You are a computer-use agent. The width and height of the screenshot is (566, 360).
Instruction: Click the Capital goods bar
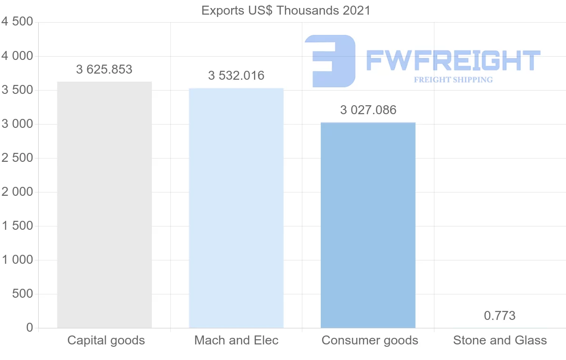[104, 205]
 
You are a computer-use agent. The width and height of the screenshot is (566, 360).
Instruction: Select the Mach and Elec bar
[236, 208]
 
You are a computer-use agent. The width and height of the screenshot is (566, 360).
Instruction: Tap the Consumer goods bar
[368, 225]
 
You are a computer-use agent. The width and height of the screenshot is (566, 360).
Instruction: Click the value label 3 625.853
[104, 69]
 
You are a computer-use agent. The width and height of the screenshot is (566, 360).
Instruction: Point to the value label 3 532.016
[236, 75]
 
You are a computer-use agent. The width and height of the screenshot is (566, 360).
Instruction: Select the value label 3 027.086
[368, 110]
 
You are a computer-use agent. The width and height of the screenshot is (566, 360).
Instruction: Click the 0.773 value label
[499, 316]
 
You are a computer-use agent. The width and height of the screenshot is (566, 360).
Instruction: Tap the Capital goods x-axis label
[106, 340]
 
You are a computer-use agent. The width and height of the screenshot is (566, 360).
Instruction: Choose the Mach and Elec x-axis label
[236, 340]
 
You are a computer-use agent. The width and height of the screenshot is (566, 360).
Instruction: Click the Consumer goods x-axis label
[370, 340]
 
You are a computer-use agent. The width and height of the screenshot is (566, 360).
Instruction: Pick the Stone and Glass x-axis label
[500, 340]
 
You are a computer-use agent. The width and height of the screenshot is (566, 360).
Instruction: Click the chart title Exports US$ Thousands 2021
[286, 10]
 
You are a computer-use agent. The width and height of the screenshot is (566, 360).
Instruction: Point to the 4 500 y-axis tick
[17, 22]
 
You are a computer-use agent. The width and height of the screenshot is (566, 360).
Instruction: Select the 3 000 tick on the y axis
[17, 124]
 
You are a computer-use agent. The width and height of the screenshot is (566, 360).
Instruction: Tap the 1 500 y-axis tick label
[17, 226]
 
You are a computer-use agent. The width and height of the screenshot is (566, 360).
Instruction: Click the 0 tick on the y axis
[30, 328]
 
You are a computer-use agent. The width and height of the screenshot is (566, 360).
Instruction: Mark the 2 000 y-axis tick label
[17, 192]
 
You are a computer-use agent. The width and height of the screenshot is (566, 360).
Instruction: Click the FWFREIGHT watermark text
[453, 60]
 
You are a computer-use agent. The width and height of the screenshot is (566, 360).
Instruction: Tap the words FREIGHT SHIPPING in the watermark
[453, 80]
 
